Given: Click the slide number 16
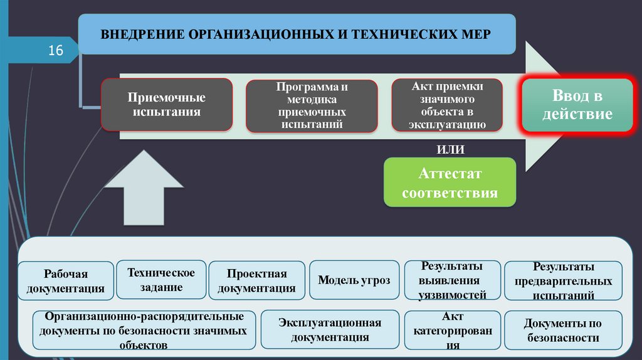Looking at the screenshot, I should pos(56,50).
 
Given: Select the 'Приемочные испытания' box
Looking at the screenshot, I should pos(167,105).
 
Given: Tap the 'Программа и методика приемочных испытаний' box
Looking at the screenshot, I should pos(312,106).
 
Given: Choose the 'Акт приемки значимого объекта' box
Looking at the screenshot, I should pos(447,105).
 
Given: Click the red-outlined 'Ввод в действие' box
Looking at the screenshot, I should pos(577,105).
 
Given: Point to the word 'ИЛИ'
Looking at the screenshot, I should pos(450,149).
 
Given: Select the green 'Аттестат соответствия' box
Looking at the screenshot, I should pos(450,183).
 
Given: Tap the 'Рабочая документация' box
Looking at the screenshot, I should pos(66,281).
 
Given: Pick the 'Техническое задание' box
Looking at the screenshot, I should pos(161,280).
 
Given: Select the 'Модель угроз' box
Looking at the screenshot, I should pos(354,280).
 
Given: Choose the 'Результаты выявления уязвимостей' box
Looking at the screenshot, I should pos(451,280).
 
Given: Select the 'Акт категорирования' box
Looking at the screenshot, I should pos(451,330).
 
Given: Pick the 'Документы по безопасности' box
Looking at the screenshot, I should pos(562,331).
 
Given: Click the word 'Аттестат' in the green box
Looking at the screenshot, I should pos(450,174).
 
